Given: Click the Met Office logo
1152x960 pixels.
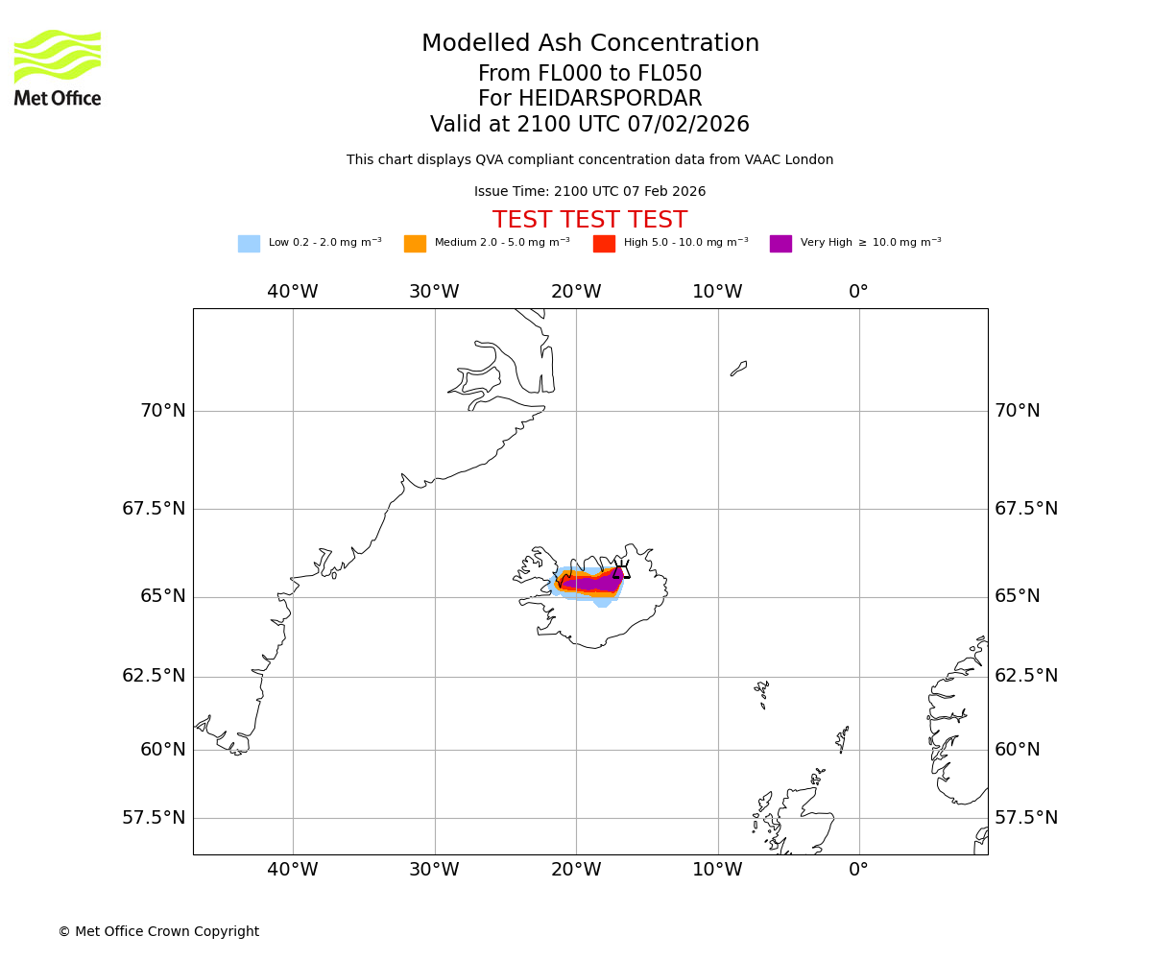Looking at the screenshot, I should [58, 67].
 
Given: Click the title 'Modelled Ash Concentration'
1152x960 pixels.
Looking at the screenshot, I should [589, 44].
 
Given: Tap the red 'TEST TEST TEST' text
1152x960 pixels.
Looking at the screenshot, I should [589, 221].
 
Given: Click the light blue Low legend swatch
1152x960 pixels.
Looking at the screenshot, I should [249, 244].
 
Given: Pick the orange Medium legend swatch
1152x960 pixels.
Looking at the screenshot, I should [415, 244].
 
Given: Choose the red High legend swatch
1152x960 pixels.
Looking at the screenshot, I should [604, 244].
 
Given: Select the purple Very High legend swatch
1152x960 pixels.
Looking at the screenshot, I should [780, 244].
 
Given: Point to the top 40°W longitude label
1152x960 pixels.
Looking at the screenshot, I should [293, 292].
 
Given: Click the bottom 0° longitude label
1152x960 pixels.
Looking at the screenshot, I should [858, 870].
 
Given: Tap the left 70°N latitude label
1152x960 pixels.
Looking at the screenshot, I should [163, 411].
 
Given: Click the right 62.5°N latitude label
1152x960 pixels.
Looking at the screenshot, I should [1025, 676].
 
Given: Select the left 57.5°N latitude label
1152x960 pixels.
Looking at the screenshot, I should [154, 818].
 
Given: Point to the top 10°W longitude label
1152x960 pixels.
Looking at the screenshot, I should [717, 292].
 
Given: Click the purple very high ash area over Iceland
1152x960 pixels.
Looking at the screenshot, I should [600, 582].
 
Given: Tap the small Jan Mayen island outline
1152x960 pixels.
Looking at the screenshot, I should [738, 369].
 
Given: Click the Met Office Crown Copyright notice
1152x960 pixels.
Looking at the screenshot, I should [158, 932].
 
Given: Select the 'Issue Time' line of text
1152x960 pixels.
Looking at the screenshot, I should [589, 192].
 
